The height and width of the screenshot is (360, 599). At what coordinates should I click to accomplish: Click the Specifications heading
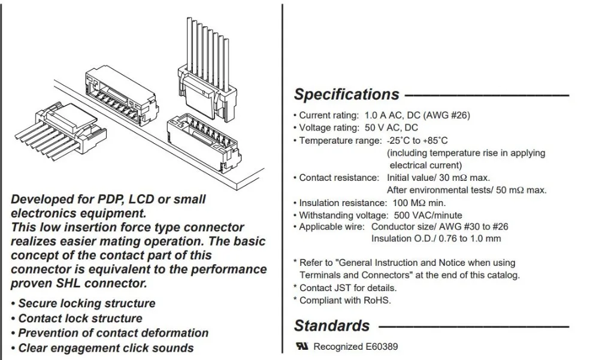coord(346,95)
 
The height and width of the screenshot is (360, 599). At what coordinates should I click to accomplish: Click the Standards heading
coord(332,326)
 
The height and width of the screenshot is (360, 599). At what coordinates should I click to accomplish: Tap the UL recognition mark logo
coord(302,346)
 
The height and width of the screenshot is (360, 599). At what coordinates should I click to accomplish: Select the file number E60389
coord(382,347)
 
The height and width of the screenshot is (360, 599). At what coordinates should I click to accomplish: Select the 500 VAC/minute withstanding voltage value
coord(428,215)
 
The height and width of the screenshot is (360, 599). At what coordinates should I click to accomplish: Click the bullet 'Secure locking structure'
coord(83,304)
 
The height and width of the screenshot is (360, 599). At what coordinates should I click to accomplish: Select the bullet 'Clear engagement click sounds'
coord(102,348)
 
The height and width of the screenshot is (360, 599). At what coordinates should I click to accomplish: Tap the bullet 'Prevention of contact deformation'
coord(110,333)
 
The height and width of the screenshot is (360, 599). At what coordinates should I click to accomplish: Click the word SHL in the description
coord(68,283)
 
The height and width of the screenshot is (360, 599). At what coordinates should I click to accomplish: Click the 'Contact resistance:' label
coord(339,178)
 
